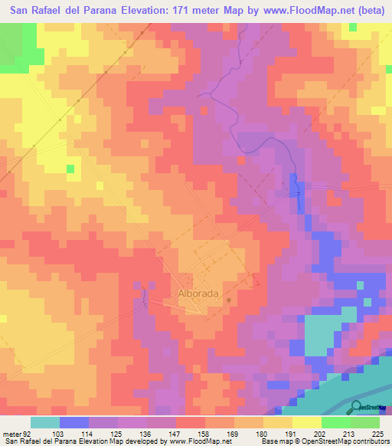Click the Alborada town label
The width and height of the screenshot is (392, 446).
[x=198, y=293]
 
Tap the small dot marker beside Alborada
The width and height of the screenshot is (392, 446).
[x=228, y=300]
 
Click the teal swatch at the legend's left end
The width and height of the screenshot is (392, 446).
[x=45, y=422]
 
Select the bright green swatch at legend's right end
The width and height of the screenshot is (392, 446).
[x=365, y=422]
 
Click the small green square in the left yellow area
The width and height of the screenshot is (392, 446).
[x=71, y=168]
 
